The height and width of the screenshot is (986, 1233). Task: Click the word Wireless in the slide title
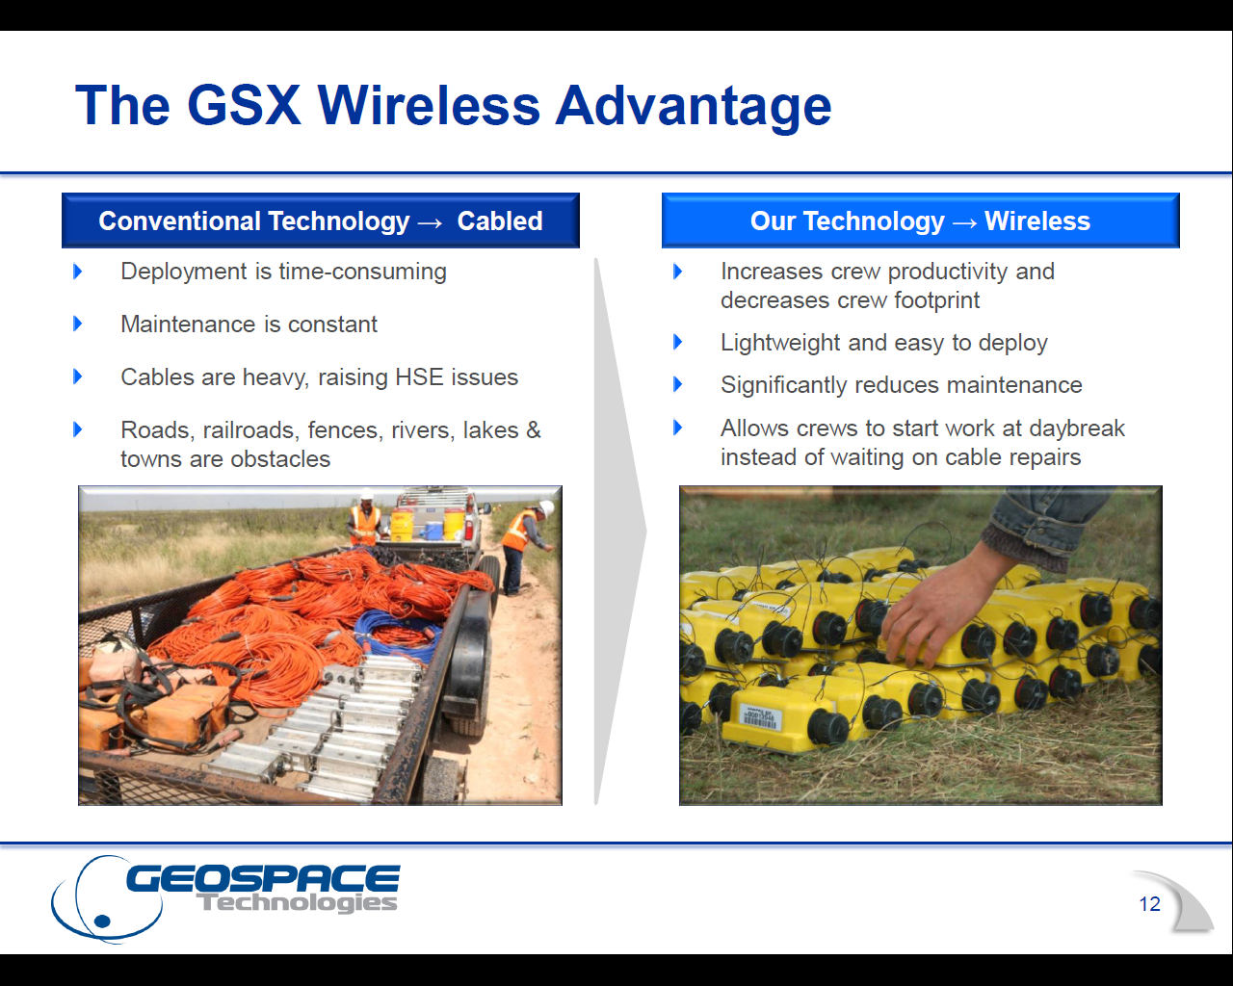click(x=429, y=105)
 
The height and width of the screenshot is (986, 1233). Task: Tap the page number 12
click(x=1149, y=904)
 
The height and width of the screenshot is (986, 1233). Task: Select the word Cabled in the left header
click(x=499, y=221)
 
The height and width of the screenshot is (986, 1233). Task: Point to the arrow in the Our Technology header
click(x=964, y=222)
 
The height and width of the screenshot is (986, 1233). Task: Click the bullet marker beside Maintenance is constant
click(x=78, y=324)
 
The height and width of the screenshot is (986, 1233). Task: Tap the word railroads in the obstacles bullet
click(x=249, y=430)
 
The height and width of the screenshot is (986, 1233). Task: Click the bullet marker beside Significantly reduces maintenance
click(x=677, y=385)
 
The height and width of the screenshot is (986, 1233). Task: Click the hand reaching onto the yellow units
click(x=930, y=611)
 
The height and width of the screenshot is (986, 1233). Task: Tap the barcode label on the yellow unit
click(x=758, y=717)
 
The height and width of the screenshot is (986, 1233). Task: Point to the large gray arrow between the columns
click(x=618, y=530)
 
